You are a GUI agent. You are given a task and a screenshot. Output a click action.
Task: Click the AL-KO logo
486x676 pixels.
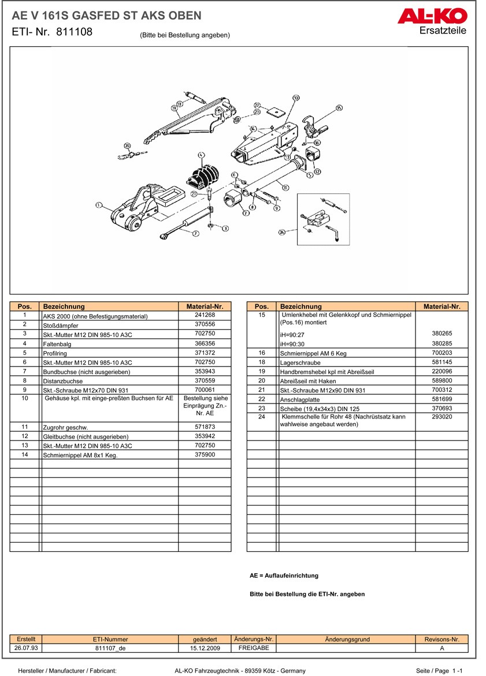point(432,16)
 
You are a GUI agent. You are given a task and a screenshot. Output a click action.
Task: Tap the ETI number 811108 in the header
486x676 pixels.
point(75,32)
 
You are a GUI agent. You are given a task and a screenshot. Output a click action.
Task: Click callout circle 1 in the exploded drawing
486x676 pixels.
point(99,204)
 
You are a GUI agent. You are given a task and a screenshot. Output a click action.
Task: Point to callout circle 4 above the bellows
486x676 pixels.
point(201,155)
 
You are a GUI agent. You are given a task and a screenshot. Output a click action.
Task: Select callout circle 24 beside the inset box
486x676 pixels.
point(283,232)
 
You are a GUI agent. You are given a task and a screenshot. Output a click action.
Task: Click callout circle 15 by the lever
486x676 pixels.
point(339,107)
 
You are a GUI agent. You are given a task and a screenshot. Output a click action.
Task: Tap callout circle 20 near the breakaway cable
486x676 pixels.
point(127,146)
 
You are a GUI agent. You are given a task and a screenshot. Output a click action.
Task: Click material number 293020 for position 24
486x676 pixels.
point(442,416)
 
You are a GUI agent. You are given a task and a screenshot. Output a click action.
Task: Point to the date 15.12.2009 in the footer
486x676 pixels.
point(205,649)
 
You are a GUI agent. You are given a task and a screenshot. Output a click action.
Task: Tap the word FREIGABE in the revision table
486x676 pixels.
point(254,648)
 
